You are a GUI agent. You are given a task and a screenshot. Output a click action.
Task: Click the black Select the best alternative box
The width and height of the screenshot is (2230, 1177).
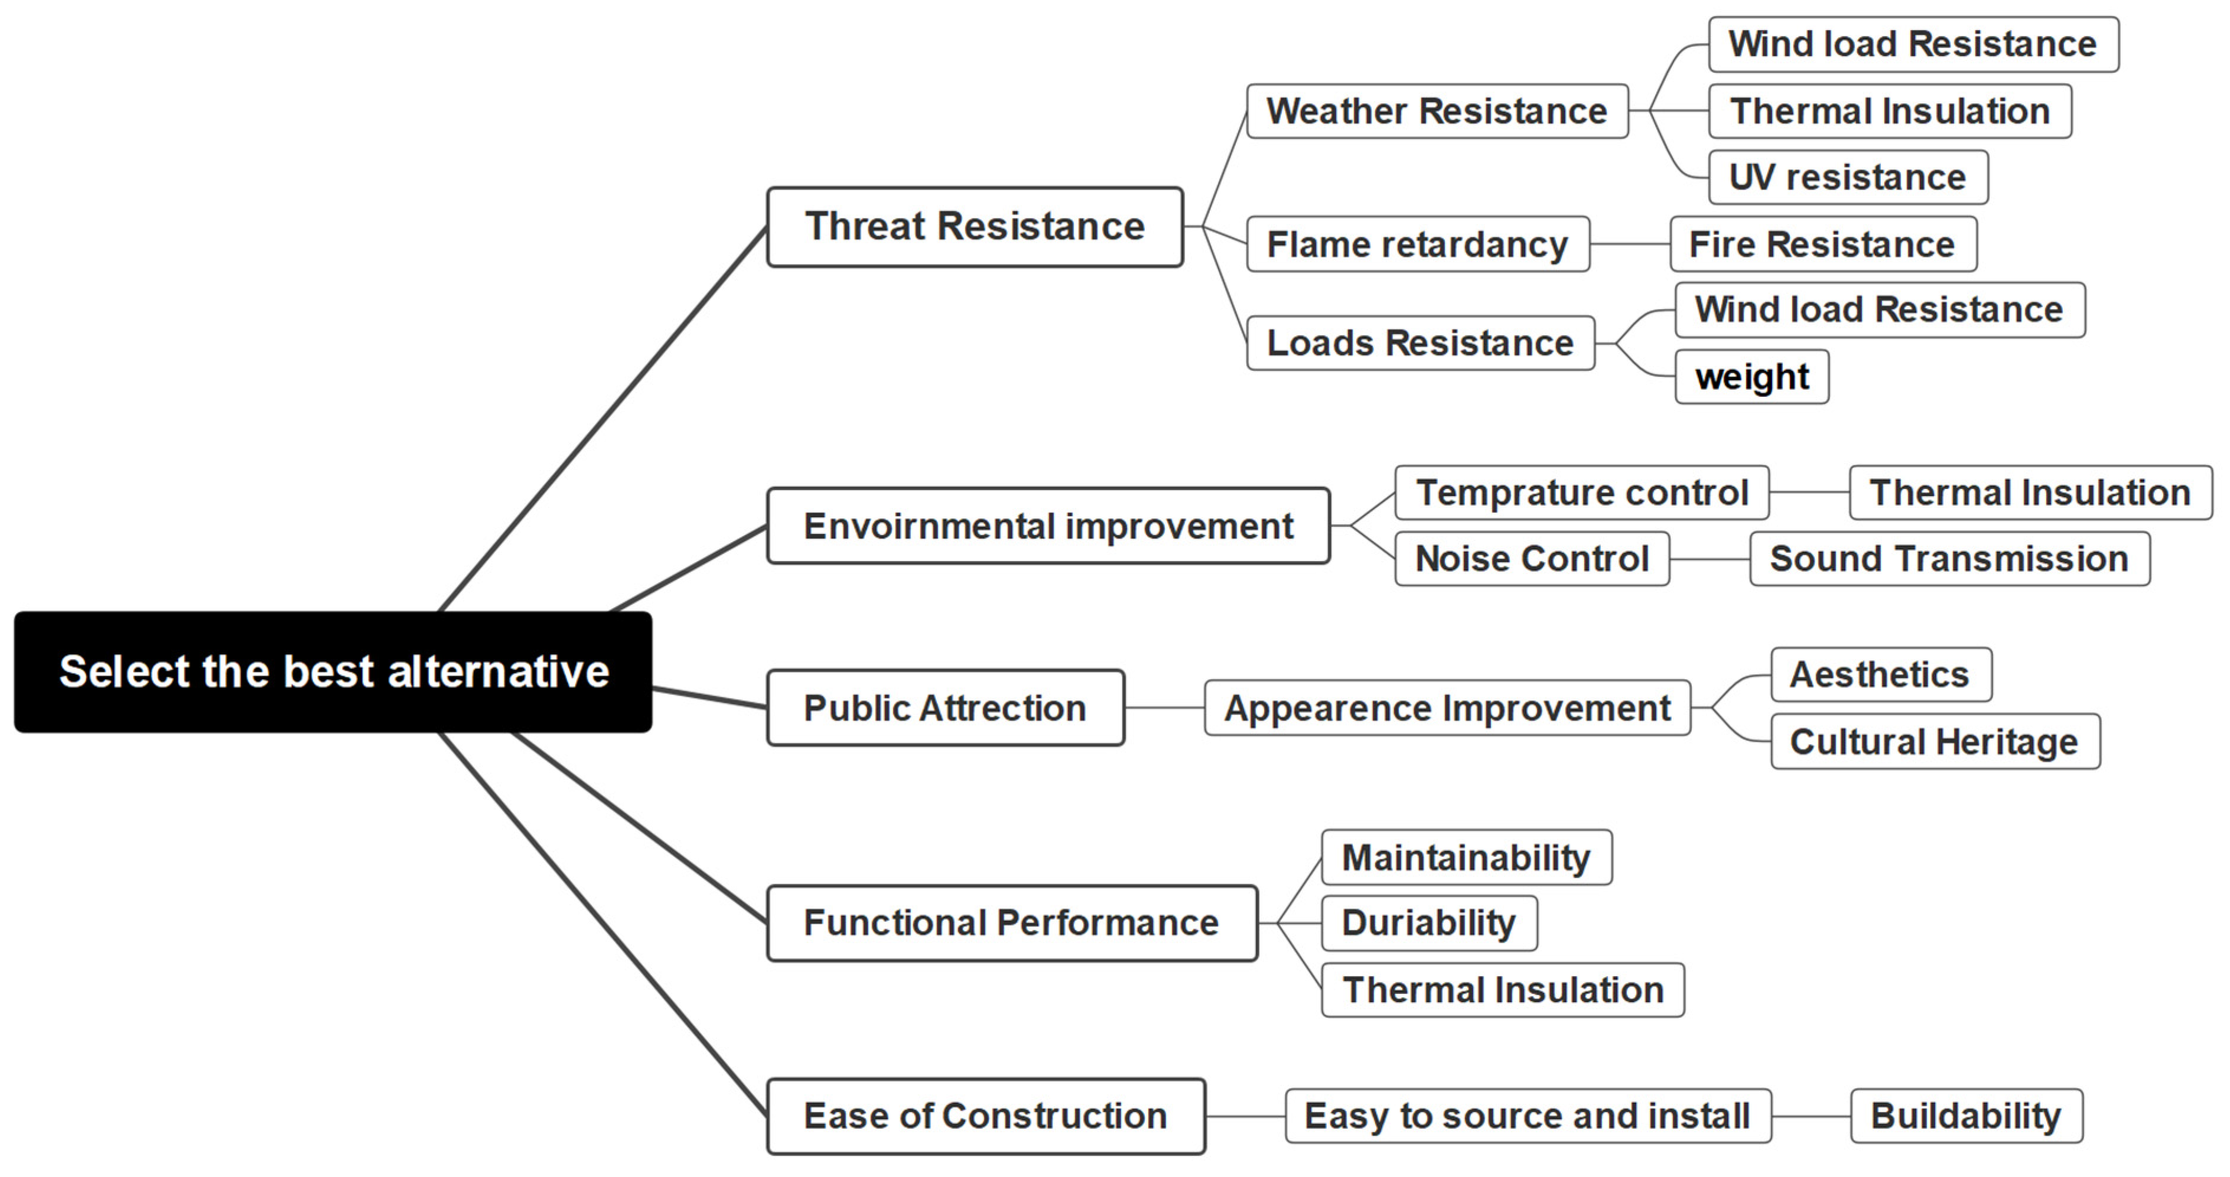tap(333, 673)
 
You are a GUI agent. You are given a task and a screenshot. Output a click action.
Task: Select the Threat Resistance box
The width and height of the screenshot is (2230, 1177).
tap(975, 227)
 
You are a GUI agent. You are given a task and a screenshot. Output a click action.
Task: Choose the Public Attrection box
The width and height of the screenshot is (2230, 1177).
tap(945, 708)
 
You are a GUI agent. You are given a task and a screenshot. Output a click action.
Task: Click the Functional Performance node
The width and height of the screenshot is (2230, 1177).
tap(1011, 922)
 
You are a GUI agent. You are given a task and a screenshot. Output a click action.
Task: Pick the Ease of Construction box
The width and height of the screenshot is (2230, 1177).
tap(985, 1116)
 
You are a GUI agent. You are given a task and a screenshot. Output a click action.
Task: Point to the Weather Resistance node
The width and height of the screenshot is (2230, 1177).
tap(1437, 111)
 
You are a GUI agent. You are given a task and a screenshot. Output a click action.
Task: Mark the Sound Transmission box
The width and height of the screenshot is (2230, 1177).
tap(1949, 559)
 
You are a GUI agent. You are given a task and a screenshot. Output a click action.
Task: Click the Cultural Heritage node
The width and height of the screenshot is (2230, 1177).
tap(1934, 742)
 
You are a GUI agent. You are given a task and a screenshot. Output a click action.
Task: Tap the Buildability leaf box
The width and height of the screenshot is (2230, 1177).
tap(1965, 1116)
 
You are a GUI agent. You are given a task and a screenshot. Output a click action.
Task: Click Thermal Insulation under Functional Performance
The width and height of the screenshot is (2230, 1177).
tap(1503, 990)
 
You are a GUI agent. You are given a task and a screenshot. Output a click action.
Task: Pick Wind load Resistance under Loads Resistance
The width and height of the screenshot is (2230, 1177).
tap(1879, 310)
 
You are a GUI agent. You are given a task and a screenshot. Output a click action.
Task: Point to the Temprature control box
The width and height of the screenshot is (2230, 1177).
tap(1581, 493)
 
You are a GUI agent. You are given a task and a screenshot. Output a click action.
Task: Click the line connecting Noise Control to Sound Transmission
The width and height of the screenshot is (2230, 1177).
tap(1710, 559)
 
